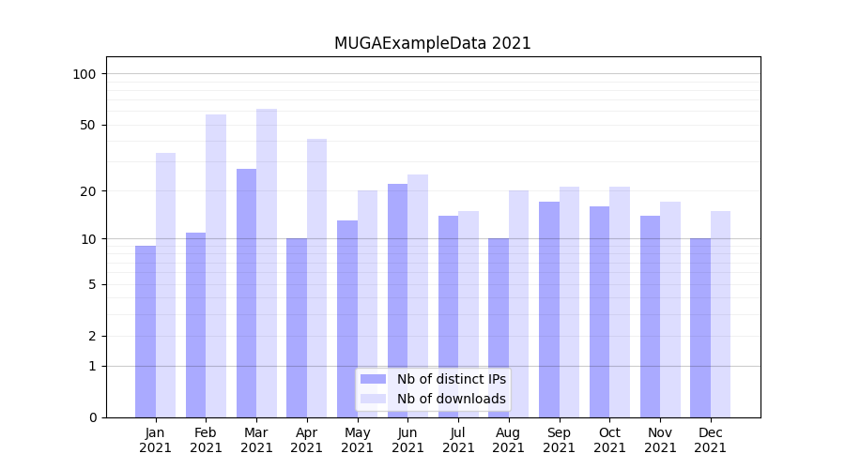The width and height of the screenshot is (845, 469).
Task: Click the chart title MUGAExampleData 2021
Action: click(432, 43)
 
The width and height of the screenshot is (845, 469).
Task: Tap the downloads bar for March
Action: click(267, 263)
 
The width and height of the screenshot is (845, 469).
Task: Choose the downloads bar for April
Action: click(316, 278)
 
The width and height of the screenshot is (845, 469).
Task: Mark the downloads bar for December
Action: click(720, 314)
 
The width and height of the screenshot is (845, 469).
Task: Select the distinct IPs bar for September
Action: click(549, 310)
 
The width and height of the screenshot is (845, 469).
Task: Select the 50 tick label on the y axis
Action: click(88, 125)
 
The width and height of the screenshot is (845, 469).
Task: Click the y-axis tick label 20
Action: click(88, 191)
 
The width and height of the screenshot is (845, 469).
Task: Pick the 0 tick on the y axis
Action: click(92, 417)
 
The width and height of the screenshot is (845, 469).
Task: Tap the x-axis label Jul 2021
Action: click(458, 440)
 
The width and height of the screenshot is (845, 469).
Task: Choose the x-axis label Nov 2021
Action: click(660, 440)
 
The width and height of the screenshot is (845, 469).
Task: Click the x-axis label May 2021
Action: click(358, 440)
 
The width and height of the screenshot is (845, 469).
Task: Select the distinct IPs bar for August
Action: click(499, 327)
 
